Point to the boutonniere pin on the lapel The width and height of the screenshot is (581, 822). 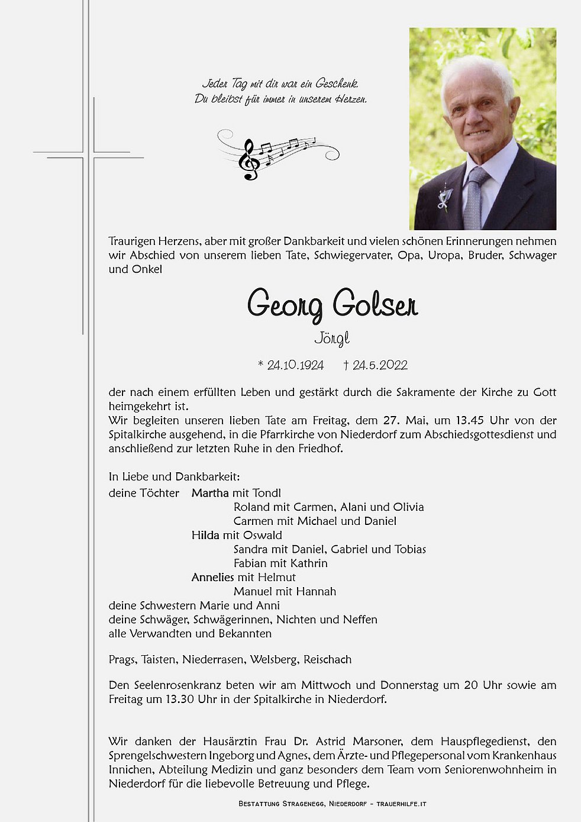click(x=444, y=198)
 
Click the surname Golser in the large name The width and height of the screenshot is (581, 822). click(x=375, y=304)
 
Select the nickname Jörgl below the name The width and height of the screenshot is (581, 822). click(x=332, y=339)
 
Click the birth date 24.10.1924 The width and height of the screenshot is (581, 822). click(x=295, y=365)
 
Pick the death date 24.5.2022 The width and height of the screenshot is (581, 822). click(x=380, y=365)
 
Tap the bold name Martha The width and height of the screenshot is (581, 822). click(x=210, y=493)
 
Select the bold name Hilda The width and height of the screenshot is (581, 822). click(x=205, y=535)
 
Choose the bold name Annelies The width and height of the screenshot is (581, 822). click(x=212, y=577)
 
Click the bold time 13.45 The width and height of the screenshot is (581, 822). click(x=470, y=420)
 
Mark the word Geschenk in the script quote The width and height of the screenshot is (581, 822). click(x=337, y=83)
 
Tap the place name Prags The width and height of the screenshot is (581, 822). click(x=122, y=659)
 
